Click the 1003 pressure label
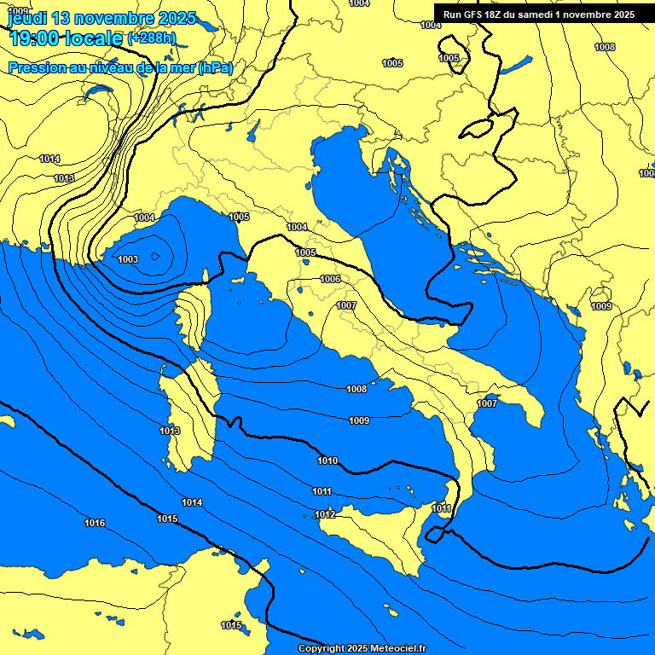128,259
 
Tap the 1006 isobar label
330,280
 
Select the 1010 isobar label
327,461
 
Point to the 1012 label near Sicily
325,514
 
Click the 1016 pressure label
95,523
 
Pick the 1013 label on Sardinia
170,432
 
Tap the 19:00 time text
35,38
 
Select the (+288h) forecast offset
151,38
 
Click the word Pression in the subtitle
37,67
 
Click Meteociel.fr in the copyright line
391,649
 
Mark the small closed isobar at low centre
155,255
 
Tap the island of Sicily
375,537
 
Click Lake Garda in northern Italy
253,130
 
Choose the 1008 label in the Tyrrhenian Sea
356,389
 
